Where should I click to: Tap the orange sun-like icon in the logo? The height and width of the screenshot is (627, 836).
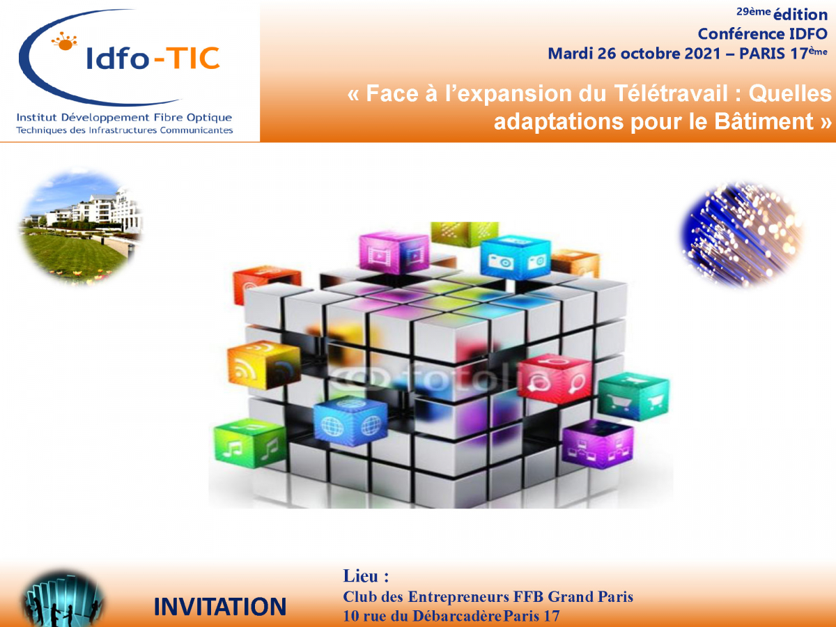65,42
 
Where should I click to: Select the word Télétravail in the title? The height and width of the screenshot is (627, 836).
671,93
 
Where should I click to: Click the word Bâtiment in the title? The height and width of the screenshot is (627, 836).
763,121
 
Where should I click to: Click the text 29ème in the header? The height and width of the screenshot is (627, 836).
753,12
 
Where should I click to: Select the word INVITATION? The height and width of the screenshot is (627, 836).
219,607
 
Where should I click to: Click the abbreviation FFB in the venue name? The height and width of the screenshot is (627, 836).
528,596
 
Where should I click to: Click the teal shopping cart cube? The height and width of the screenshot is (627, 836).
633,396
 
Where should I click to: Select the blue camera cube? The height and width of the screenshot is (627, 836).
516,256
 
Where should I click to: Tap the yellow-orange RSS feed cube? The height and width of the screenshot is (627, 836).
264,364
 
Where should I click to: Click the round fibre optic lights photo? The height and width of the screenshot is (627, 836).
742,234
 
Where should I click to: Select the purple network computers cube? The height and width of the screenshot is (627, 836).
598,444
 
